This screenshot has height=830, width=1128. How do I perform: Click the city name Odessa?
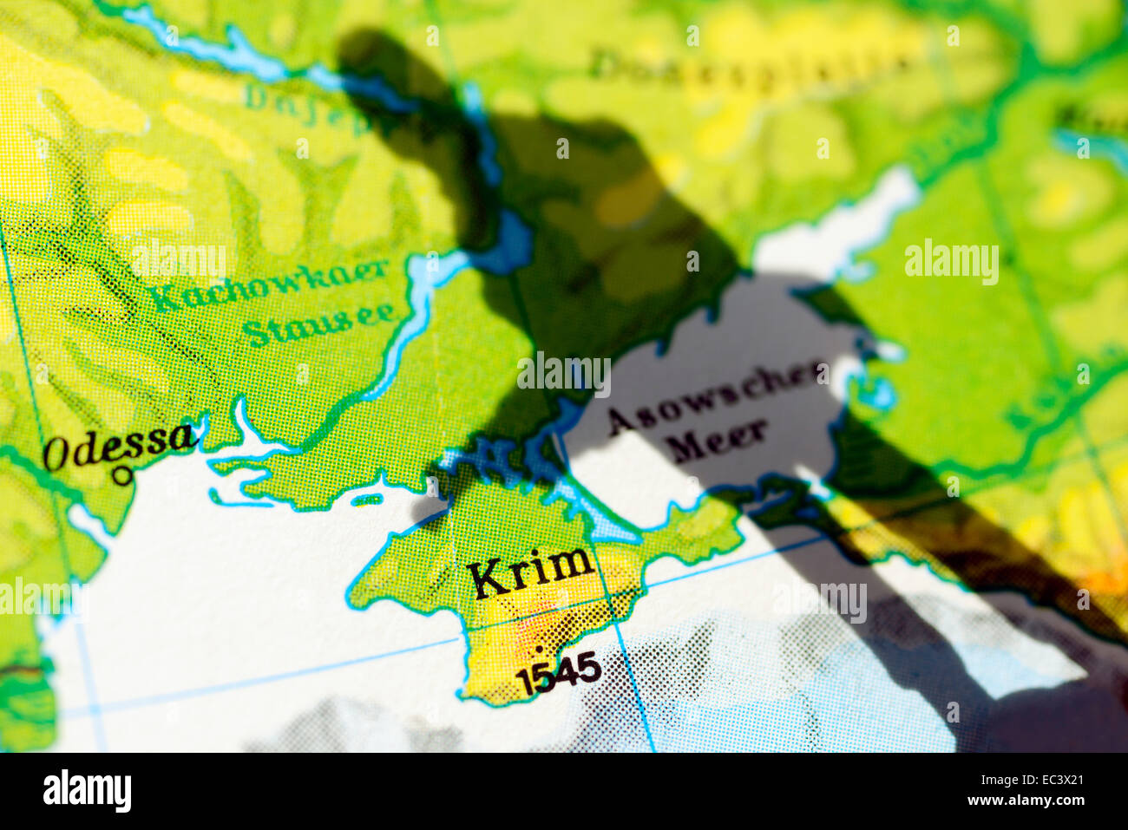[119, 447]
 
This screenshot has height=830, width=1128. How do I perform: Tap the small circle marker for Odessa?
[123, 475]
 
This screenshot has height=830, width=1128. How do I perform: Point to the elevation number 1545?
[558, 673]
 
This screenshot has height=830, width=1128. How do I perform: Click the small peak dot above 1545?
[540, 648]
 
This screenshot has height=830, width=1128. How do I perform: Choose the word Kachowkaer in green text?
[269, 285]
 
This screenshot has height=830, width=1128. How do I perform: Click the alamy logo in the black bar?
[87, 792]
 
